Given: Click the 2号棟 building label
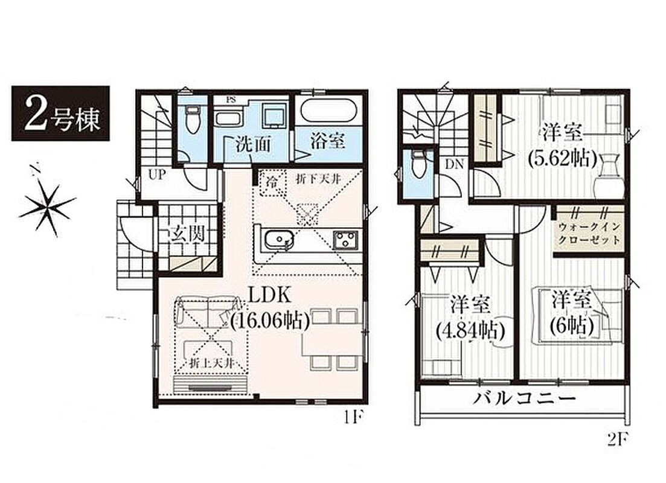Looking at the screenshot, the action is coord(61,114).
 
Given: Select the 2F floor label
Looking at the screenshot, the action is coord(618,440).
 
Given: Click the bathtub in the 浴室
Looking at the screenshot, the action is coord(327,110).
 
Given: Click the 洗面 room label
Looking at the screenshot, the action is coord(254,145).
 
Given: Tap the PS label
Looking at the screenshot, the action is coord(231,100).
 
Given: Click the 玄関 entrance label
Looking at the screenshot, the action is coord(187,233).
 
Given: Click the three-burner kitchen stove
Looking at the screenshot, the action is coord(347,241).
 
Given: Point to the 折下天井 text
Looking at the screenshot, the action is coord(319,179).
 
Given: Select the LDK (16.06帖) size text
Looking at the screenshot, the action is coord(269,309).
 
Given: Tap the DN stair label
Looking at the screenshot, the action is coord(454,164).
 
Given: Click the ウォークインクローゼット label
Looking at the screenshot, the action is coord(589,233).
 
